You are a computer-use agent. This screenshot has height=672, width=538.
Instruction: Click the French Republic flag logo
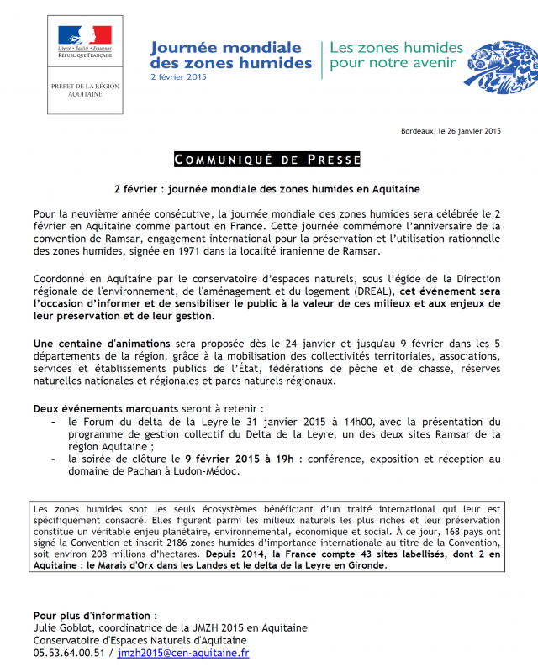click(85, 39)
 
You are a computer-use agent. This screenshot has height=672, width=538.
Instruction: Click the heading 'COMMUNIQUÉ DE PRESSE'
click(267, 160)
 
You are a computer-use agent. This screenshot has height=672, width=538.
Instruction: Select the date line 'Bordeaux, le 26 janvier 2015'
click(451, 131)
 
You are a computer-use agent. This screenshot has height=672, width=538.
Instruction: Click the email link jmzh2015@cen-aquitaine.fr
click(183, 653)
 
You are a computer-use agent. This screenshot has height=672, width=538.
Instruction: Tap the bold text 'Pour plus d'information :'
click(95, 615)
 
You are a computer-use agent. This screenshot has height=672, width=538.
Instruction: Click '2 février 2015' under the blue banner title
click(177, 77)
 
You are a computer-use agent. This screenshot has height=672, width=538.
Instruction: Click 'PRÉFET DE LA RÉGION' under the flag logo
click(85, 87)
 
